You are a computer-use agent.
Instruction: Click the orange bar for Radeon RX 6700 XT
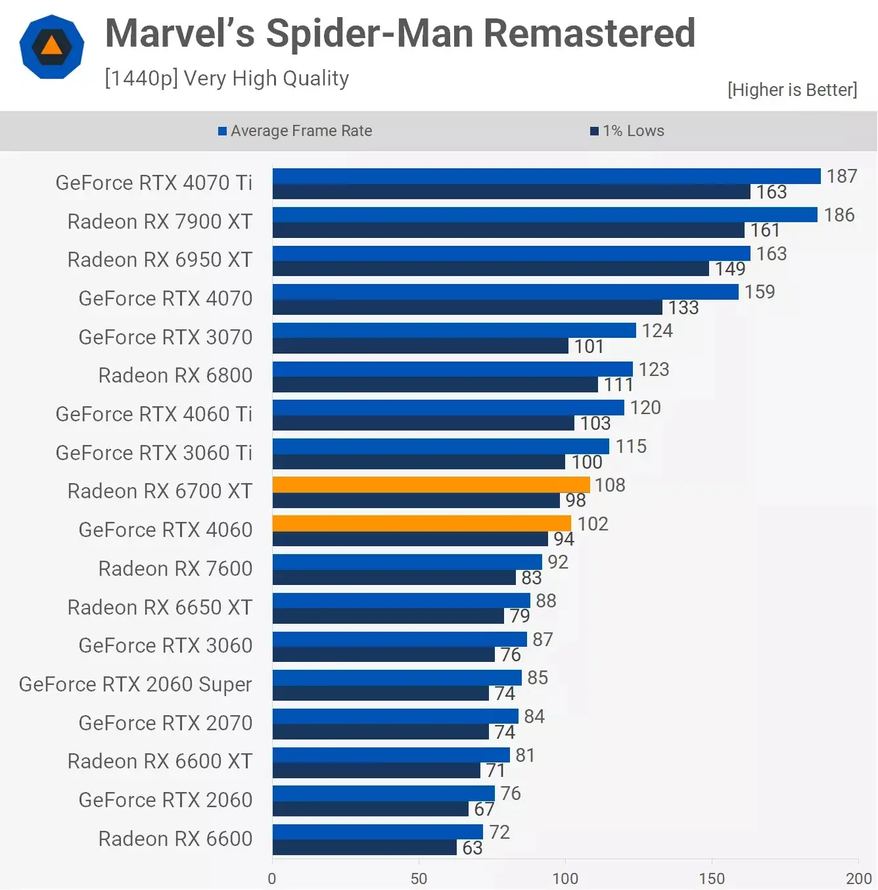coord(431,484)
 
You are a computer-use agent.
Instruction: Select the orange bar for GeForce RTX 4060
coord(421,523)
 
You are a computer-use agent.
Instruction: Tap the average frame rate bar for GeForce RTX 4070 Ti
coord(546,176)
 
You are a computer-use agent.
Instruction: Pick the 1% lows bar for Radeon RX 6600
coord(364,848)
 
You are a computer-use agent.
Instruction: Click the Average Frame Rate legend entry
coord(295,131)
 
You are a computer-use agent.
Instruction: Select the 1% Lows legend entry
coord(628,131)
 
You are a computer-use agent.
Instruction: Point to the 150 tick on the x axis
coord(712,878)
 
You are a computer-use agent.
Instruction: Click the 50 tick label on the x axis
coord(419,878)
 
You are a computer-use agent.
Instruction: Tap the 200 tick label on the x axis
coord(858,878)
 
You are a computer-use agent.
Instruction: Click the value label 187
coord(841,176)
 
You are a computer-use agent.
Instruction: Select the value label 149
coord(730,269)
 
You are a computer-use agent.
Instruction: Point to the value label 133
coord(683,308)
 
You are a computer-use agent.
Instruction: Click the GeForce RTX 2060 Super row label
coord(135,684)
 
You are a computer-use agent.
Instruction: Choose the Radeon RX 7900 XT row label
coord(160,222)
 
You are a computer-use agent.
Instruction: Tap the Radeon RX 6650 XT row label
coord(160,607)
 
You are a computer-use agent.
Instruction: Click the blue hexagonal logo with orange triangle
coord(52,47)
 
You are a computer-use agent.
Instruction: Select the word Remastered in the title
coord(589,34)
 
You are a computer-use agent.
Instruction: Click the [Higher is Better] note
coord(792,89)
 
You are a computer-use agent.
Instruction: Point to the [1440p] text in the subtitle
coord(141,78)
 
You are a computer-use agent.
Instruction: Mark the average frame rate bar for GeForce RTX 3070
coord(454,330)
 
